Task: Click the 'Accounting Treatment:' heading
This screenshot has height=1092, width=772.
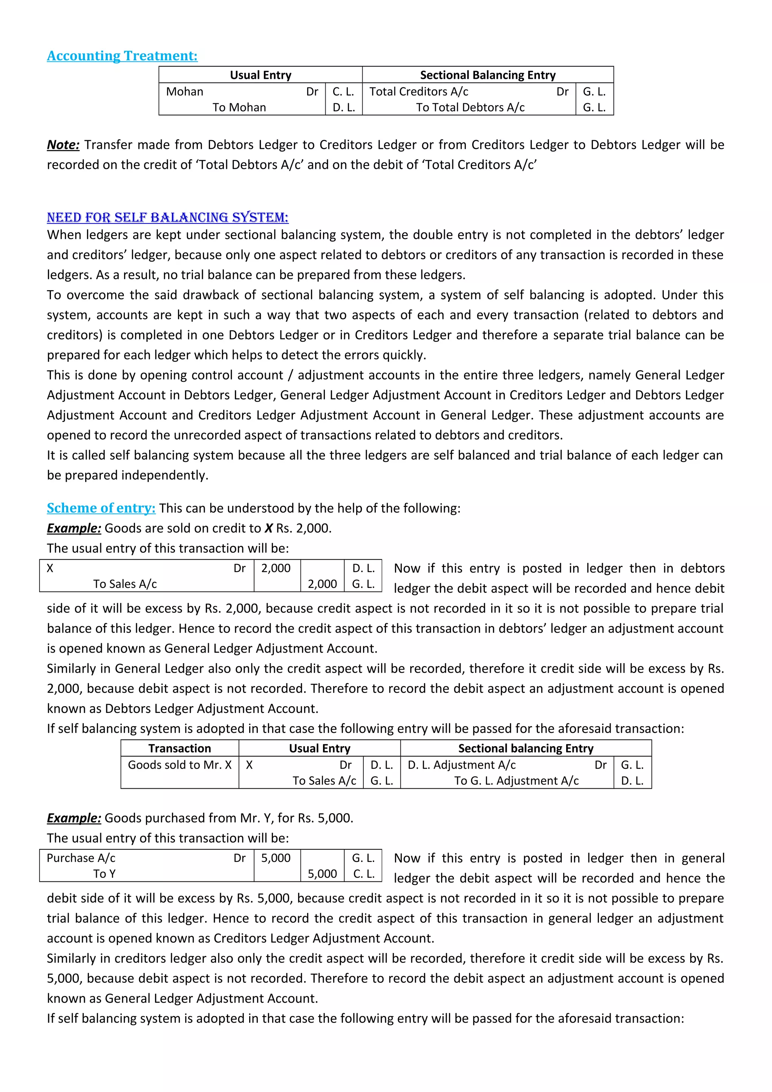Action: [x=122, y=56]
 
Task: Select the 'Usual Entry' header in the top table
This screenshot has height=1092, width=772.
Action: [x=260, y=75]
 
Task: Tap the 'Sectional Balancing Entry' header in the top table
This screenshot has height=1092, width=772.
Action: [x=487, y=75]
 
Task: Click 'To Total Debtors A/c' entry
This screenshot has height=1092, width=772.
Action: [x=470, y=107]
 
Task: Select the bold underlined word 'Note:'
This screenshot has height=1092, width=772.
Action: [x=63, y=145]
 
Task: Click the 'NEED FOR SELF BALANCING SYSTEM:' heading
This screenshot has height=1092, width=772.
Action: [x=167, y=217]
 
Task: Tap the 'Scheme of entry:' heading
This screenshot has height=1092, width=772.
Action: [x=101, y=508]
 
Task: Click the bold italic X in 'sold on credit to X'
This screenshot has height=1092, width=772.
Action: [x=269, y=528]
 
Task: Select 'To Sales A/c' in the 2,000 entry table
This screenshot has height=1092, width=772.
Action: [x=125, y=584]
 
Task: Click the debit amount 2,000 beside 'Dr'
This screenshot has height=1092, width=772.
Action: [x=276, y=568]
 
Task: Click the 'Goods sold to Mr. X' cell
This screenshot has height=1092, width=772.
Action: [x=179, y=765]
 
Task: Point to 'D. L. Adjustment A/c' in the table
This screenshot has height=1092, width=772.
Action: [x=461, y=765]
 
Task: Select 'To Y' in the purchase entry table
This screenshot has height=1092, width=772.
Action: [x=104, y=874]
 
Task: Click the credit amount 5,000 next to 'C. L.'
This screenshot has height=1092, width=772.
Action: [x=322, y=874]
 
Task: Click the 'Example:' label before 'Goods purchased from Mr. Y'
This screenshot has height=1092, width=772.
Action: [x=74, y=818]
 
